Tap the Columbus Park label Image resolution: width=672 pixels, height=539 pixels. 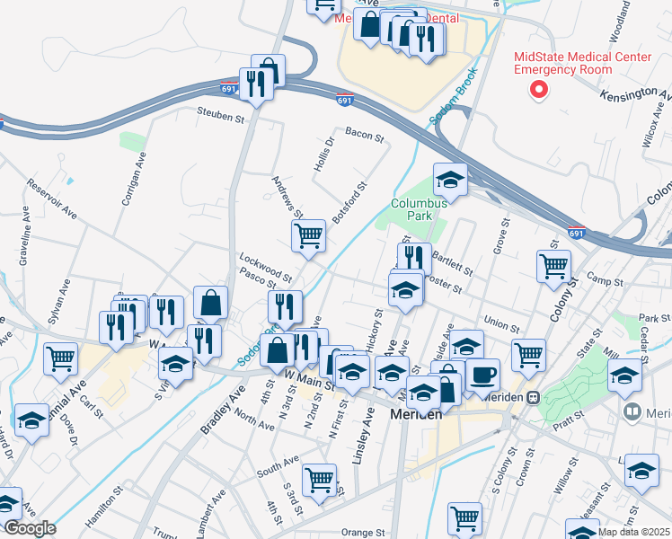pyautogui.click(x=419, y=209)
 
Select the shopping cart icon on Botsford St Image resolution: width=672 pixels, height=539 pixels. pyautogui.click(x=308, y=235)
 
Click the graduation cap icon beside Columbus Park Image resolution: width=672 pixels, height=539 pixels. pyautogui.click(x=450, y=179)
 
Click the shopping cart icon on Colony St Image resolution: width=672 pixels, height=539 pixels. pyautogui.click(x=553, y=265)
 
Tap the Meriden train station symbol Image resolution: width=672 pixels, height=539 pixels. pyautogui.click(x=533, y=396)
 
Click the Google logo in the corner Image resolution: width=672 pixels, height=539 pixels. pyautogui.click(x=29, y=528)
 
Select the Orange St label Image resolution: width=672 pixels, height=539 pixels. pyautogui.click(x=363, y=532)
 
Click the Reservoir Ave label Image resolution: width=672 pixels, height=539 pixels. pyautogui.click(x=45, y=199)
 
